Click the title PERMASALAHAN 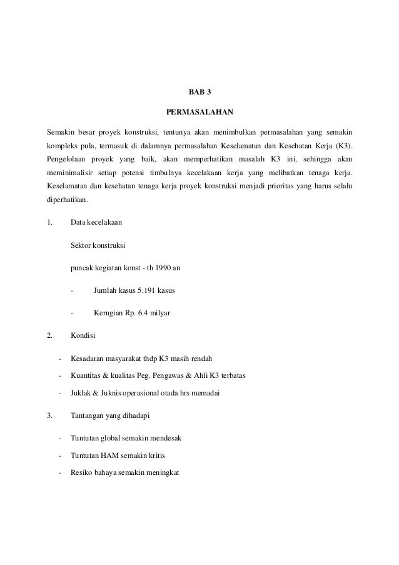(x=199, y=113)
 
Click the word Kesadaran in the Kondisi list (x=87, y=359)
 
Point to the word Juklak (x=81, y=394)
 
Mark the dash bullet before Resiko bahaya (x=59, y=473)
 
